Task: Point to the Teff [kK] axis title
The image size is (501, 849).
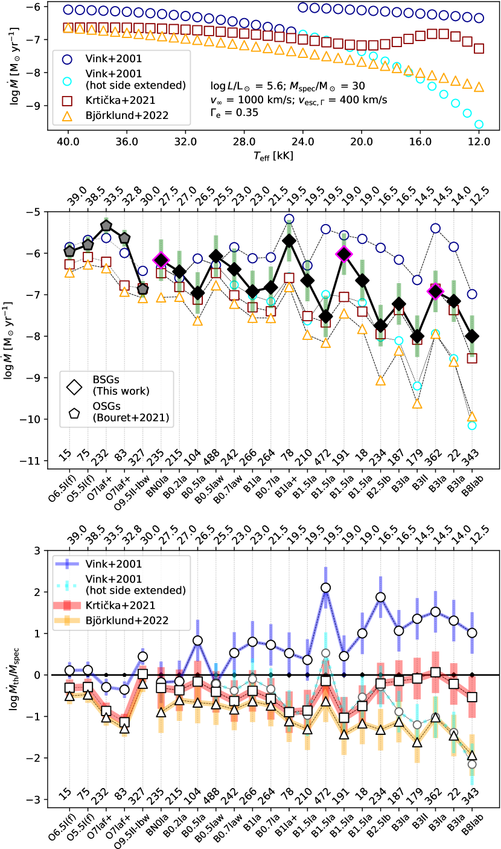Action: [x=273, y=155]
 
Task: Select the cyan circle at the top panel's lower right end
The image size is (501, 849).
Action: [x=479, y=124]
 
